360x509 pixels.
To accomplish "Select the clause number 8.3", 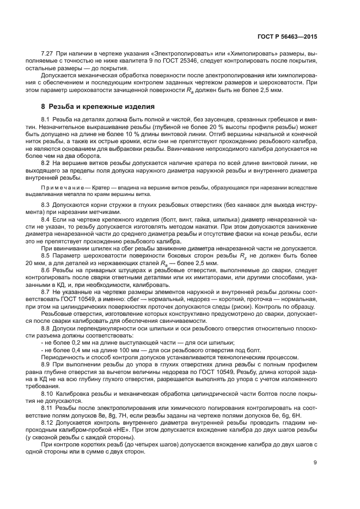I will (46, 204).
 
